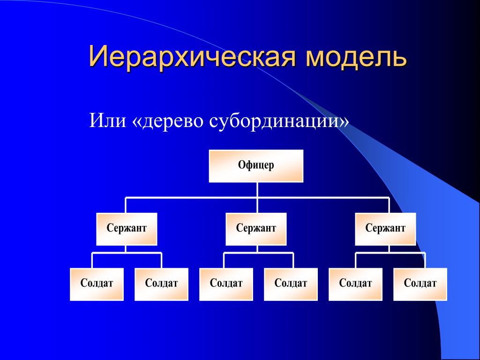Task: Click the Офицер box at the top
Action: coord(256,166)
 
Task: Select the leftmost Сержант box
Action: coord(127,229)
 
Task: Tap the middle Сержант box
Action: coord(256,229)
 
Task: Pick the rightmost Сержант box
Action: coord(385,229)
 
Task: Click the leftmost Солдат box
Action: coord(97,284)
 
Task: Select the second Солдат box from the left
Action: coord(161,284)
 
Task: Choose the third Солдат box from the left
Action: coord(226,284)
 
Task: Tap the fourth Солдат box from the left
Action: coord(291,284)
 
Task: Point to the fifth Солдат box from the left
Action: coord(355,284)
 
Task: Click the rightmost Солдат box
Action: coord(420,284)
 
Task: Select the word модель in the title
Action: coord(356,57)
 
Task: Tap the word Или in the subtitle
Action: coord(107,120)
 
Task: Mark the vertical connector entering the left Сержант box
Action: coord(126,205)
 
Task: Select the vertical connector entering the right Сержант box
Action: coord(389,205)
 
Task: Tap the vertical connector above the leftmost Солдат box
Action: coord(92,261)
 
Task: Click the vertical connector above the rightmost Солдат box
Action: coord(425,261)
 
